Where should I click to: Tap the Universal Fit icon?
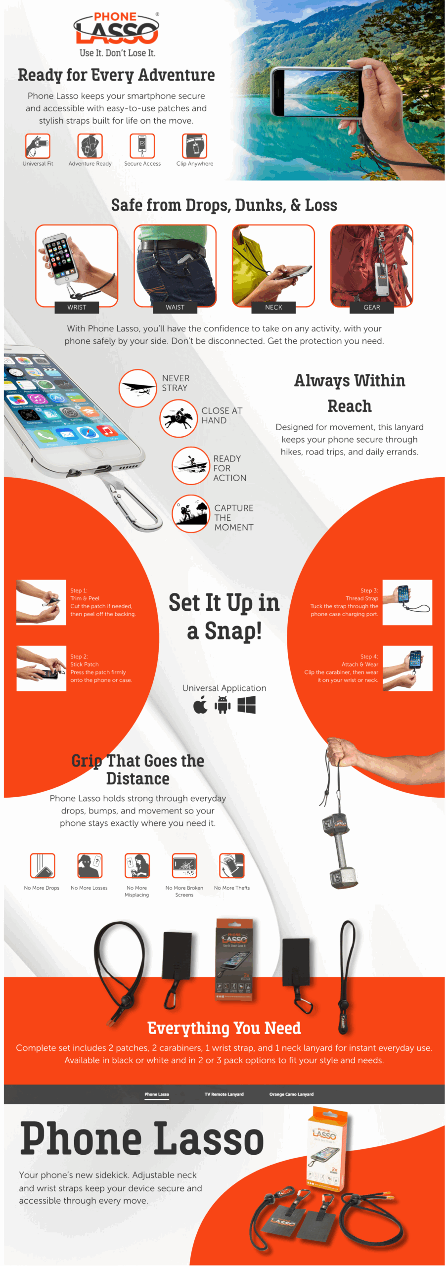[x=38, y=146]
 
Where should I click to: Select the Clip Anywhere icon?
[x=194, y=146]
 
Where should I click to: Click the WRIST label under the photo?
[x=77, y=307]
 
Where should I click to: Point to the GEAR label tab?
[x=371, y=307]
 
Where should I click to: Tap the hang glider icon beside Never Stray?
[x=137, y=388]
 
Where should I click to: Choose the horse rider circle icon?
[x=178, y=419]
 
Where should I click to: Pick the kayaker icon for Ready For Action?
[x=190, y=466]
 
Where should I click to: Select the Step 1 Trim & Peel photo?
[x=41, y=602]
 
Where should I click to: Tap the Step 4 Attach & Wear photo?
[x=407, y=668]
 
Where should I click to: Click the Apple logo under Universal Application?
[x=200, y=705]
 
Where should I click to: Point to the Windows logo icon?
[x=246, y=705]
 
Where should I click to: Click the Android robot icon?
[x=223, y=705]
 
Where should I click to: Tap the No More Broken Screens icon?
[x=184, y=865]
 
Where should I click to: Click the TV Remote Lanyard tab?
[x=224, y=1094]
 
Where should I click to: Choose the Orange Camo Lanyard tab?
[x=291, y=1094]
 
